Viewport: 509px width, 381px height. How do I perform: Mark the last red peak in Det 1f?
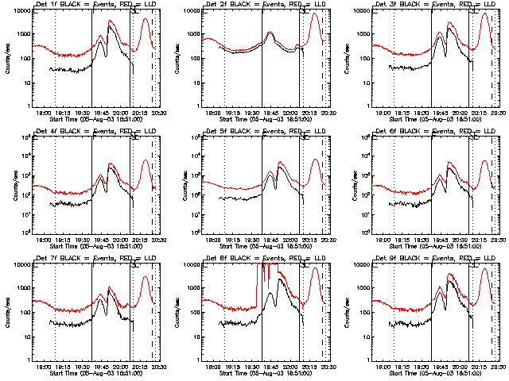pos(145,19)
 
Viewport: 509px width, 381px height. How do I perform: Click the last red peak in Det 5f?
pos(315,160)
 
